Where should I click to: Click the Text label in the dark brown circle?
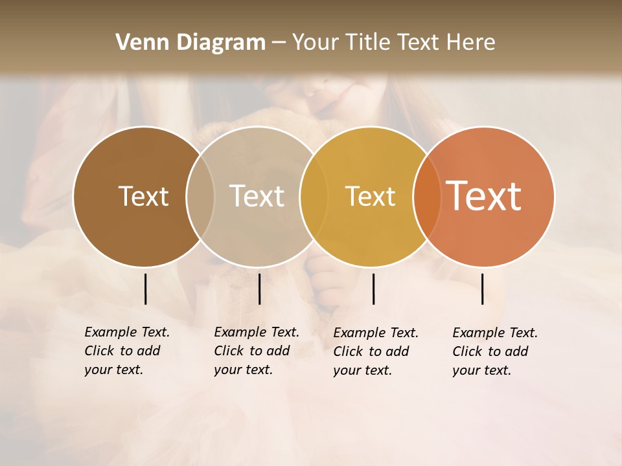[143, 196]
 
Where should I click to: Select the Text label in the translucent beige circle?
[257, 196]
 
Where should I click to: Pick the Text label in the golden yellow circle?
[370, 196]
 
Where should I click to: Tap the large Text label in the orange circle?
[484, 195]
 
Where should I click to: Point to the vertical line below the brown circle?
[146, 289]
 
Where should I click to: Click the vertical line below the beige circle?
[259, 289]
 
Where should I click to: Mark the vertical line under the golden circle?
[374, 289]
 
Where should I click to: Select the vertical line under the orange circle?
[483, 289]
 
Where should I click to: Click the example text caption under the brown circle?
[127, 351]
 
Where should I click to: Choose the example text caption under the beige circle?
[257, 351]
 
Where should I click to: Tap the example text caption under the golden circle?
[376, 351]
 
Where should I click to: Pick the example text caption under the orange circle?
[495, 351]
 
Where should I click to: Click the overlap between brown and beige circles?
[200, 196]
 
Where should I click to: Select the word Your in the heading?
[315, 43]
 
